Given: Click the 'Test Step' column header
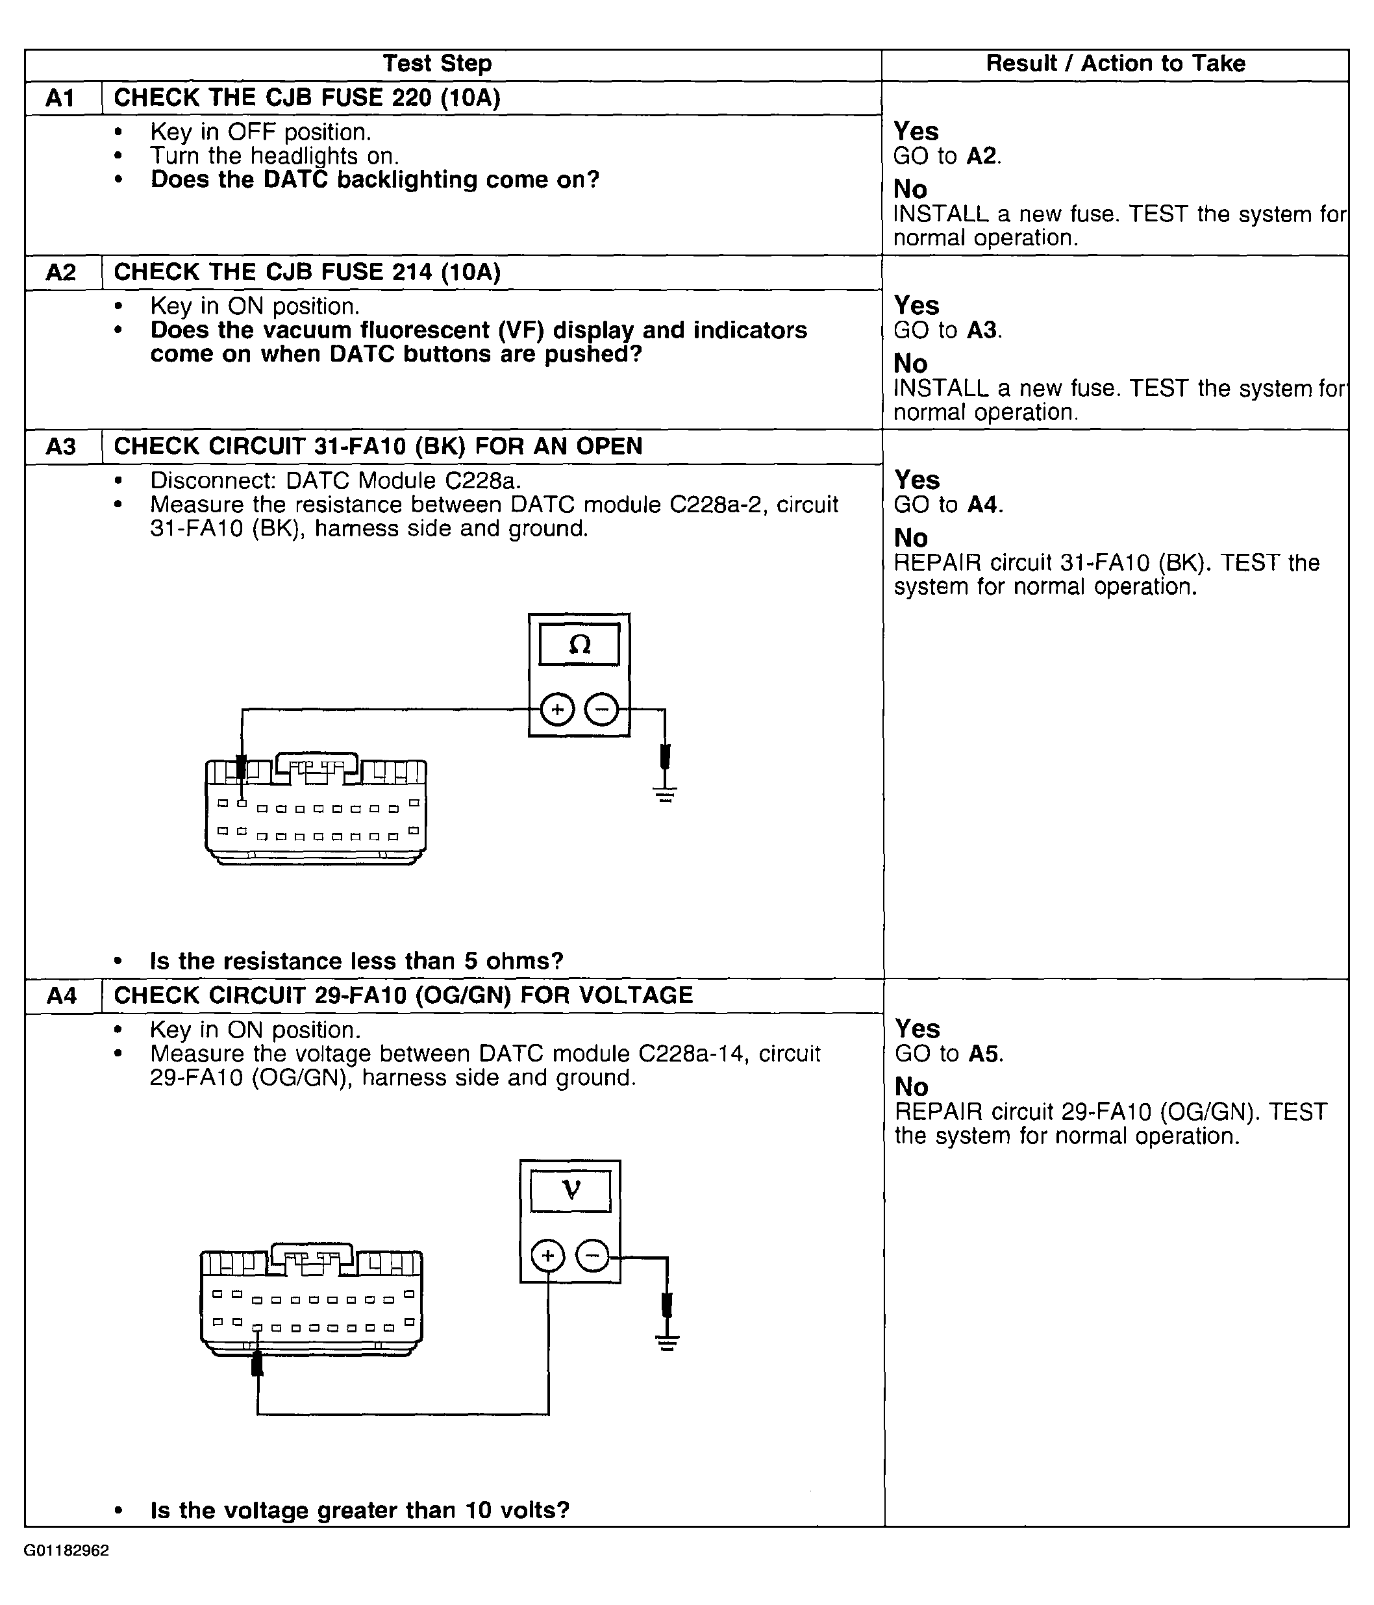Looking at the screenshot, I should (x=437, y=64).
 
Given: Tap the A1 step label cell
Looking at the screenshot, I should (x=62, y=99).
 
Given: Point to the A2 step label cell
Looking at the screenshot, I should (x=62, y=273).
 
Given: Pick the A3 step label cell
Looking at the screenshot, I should (x=62, y=447).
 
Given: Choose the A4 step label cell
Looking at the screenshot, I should (x=62, y=995).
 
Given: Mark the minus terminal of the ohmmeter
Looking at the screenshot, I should (x=602, y=710).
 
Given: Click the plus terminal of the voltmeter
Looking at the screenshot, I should (x=548, y=1256).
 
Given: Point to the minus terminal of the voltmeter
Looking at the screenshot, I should (x=592, y=1256).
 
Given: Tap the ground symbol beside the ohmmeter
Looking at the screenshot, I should (x=664, y=793).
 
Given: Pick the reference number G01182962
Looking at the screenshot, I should (x=67, y=1550).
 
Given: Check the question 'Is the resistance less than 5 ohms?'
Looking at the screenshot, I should (x=356, y=962).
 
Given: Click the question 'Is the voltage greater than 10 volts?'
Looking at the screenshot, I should (x=359, y=1510).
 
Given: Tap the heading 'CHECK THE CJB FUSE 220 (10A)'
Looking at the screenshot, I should (x=306, y=99).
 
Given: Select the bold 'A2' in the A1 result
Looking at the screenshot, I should (x=982, y=156).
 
